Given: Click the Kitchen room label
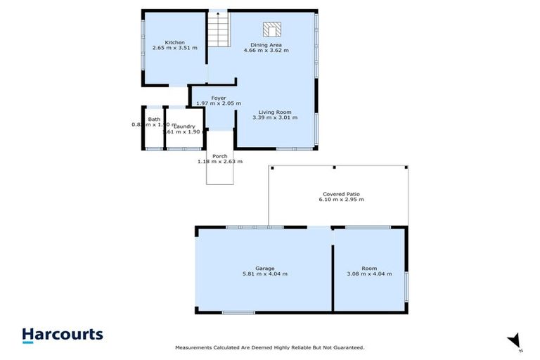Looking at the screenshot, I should point(174,41).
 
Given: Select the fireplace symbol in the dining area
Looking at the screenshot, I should point(271,29).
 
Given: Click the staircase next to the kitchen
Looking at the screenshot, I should point(219,31).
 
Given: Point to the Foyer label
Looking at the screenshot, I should point(218,98).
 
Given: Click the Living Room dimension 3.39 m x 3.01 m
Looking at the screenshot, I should point(275,118).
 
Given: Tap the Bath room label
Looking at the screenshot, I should point(153,120).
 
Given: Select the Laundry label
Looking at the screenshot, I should point(184,126).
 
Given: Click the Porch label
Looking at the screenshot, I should point(219,156).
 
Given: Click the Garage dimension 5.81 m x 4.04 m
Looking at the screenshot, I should point(265,274).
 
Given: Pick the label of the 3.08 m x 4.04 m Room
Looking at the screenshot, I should point(369,267).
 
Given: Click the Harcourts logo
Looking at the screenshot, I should point(63,335).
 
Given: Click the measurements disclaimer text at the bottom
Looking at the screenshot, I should point(269,348).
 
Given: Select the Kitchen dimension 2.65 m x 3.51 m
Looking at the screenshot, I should point(174,48).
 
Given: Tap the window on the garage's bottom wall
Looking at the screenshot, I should point(238,312).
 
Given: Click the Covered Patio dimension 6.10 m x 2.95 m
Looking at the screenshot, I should point(341,200).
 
